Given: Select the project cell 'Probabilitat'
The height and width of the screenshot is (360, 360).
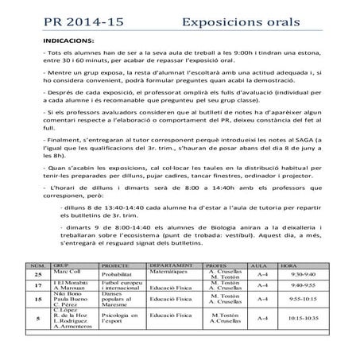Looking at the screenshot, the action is [x=116, y=275].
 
